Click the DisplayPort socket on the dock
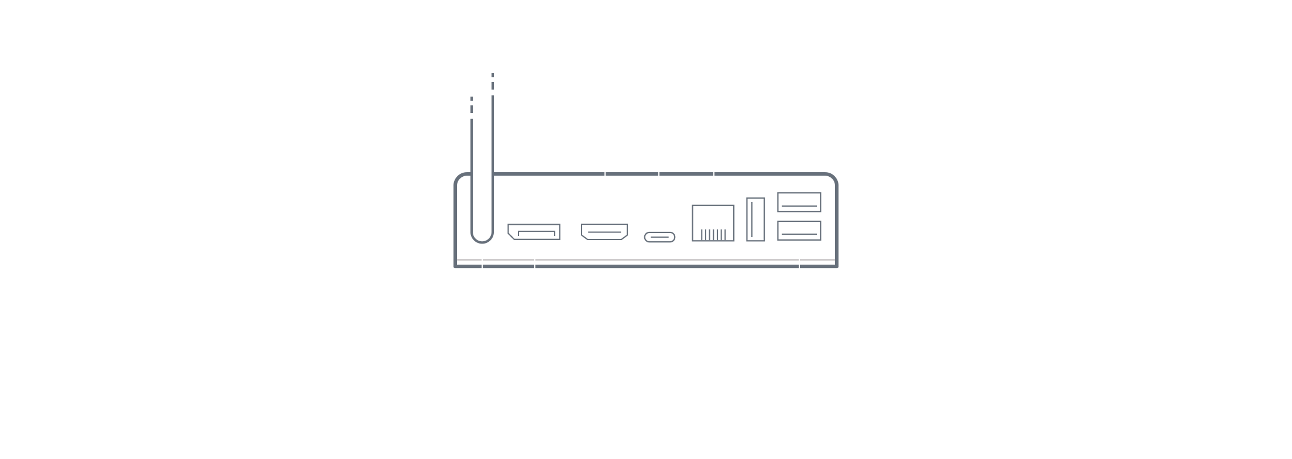(534, 232)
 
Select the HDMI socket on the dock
(604, 232)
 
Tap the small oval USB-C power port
(659, 237)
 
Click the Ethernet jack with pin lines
(713, 223)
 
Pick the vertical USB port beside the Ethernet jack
(755, 220)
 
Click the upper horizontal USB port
(799, 202)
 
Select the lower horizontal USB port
(799, 230)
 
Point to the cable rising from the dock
(482, 193)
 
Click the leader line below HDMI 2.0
(604, 176)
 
